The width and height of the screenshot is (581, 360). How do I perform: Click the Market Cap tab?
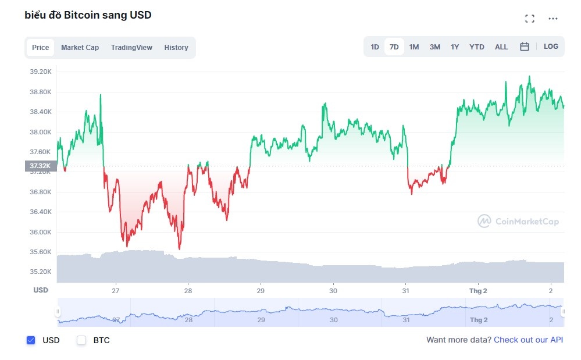[x=80, y=48]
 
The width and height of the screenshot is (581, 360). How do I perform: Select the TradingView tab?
[x=131, y=48]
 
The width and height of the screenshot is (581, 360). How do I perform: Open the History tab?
[x=176, y=48]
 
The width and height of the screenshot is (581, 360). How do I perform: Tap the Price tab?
[x=41, y=48]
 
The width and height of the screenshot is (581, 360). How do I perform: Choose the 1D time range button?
[x=375, y=47]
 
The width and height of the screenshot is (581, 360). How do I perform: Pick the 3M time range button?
[x=434, y=47]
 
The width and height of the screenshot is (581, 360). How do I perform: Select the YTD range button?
[x=476, y=47]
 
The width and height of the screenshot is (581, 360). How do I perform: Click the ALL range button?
[x=501, y=47]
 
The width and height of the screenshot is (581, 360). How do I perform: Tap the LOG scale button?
[x=551, y=47]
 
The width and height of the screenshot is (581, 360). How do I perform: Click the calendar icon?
[x=524, y=47]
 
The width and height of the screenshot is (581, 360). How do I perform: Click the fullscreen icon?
[x=529, y=19]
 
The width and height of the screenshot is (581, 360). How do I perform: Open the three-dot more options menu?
[x=553, y=19]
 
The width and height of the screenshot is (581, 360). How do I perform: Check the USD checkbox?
[x=31, y=340]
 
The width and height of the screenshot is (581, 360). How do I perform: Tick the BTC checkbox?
[x=82, y=340]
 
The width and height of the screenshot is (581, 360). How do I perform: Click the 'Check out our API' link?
[x=528, y=340]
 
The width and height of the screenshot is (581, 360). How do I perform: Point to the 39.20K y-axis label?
[x=41, y=72]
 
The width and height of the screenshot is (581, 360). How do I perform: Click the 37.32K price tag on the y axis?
[x=40, y=166]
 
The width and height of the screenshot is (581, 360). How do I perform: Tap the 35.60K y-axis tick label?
[x=41, y=252]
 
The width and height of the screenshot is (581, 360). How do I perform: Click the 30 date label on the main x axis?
[x=333, y=290]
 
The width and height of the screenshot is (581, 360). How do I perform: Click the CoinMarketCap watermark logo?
[x=518, y=221]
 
